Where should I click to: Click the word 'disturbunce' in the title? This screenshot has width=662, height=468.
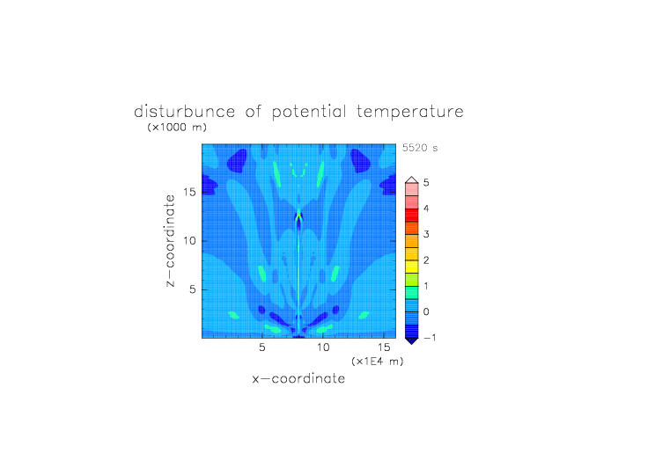[185, 112]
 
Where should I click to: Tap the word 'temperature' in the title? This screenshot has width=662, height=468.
[410, 113]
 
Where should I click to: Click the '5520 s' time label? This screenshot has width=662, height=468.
[420, 148]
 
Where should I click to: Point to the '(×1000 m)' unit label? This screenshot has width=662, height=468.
[177, 127]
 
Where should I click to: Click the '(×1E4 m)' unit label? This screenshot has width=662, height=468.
[378, 362]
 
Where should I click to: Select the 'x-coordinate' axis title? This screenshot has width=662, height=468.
[298, 378]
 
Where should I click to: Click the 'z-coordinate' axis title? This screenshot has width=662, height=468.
[169, 240]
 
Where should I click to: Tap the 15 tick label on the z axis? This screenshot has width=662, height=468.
[189, 192]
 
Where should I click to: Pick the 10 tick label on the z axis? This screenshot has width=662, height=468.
[189, 241]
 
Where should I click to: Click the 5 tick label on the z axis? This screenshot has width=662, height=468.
[193, 289]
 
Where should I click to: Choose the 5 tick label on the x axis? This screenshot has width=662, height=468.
[262, 347]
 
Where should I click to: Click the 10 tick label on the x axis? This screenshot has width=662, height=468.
[323, 347]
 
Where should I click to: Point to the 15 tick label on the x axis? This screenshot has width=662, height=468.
[384, 347]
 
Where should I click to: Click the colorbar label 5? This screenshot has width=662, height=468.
[426, 183]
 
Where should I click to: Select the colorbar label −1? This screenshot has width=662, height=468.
[430, 338]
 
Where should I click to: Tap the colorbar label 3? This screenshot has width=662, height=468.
[426, 234]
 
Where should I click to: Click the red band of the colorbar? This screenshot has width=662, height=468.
[412, 215]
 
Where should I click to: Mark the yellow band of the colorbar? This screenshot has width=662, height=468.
[412, 267]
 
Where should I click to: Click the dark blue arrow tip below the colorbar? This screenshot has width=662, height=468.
[412, 343]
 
